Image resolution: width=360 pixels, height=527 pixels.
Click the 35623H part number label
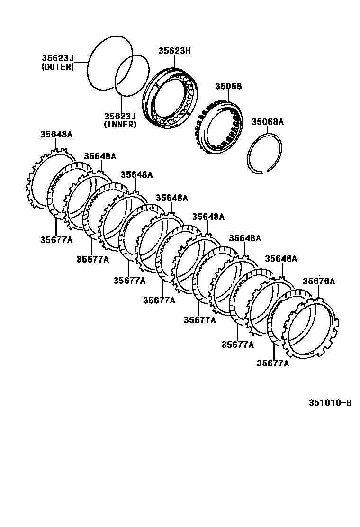(174, 51)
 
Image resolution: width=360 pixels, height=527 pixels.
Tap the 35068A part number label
(267, 122)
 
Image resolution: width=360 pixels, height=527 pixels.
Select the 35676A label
(319, 281)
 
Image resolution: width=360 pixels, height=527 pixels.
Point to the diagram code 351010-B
(330, 403)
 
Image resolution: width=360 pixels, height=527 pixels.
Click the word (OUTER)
(58, 67)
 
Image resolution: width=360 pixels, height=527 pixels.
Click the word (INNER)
(120, 125)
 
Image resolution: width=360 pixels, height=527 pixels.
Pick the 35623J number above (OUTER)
(58, 58)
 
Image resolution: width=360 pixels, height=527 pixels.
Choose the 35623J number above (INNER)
(120, 116)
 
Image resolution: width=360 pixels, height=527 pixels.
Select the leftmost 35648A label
(56, 135)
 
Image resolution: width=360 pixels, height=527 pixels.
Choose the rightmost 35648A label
(281, 259)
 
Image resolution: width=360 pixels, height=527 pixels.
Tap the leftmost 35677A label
(56, 240)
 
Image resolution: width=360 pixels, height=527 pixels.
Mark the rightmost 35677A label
(273, 363)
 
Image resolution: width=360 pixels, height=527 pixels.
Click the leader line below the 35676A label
(319, 292)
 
